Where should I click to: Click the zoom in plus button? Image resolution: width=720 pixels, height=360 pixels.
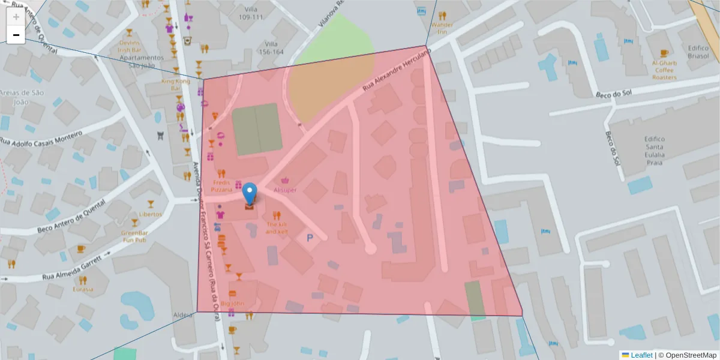16,17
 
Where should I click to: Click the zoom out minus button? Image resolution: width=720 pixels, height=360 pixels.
16,35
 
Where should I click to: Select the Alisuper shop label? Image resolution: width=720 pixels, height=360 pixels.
285,190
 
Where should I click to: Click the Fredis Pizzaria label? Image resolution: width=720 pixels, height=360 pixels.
221,185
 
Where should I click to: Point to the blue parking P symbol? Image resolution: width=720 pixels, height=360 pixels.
310,238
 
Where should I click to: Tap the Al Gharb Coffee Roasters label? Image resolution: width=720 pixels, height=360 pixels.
664,70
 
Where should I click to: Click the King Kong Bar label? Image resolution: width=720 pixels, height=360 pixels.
176,84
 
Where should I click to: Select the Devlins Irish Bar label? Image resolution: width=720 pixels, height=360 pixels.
129,46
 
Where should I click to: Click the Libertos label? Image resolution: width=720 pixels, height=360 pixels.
150,214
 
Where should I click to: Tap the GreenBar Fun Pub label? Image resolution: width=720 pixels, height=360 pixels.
134,236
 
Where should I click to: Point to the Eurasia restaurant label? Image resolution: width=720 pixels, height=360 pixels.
83,289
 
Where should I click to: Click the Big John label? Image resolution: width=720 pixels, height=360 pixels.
232,304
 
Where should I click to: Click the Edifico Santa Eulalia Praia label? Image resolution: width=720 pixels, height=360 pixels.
654,147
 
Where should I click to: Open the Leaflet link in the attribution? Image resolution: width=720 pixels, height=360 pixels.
641,355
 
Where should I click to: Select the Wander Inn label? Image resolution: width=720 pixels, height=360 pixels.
442,29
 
